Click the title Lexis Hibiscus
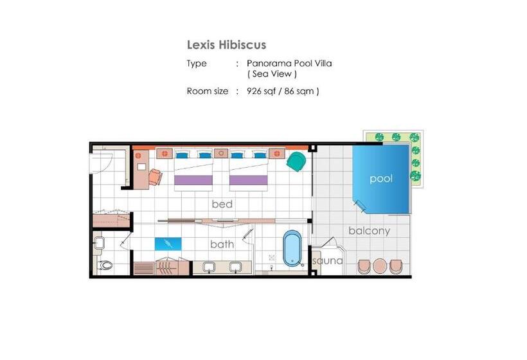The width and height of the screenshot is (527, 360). pos(226,45)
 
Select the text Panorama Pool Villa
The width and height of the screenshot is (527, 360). pos(289,64)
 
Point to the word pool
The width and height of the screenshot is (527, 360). pos(380,179)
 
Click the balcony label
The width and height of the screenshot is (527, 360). pos(369,231)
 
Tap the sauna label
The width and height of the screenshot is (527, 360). pos(327,262)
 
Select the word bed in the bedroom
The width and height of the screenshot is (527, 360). pos(222,204)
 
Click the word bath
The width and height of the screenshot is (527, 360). pos(222,244)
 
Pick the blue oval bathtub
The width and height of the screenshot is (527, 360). pos(292,248)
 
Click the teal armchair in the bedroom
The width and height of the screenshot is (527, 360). pos(296,161)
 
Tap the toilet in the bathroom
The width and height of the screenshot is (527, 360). pos(106,264)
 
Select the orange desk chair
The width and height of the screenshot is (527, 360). pos(155,176)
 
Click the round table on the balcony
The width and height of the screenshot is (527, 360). pos(380,265)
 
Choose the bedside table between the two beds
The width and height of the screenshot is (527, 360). pos(220,154)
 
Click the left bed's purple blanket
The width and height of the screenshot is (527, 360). pos(193,180)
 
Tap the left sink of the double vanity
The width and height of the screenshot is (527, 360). pos(210,267)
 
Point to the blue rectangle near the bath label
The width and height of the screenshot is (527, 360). pos(168,244)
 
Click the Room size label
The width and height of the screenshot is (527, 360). pos(208,91)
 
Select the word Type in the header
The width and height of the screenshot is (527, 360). pos(197,64)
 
